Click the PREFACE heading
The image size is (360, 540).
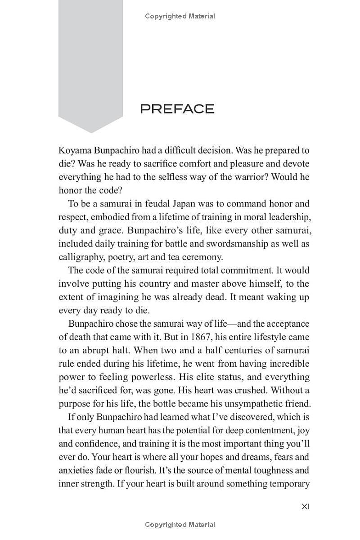[x=177, y=109]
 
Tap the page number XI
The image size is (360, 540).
[x=305, y=507]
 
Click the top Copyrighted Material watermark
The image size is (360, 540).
[x=180, y=16]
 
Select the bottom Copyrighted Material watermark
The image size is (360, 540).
[x=180, y=525]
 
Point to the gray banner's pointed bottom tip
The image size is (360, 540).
[x=91, y=132]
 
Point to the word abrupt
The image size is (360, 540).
[x=94, y=351]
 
